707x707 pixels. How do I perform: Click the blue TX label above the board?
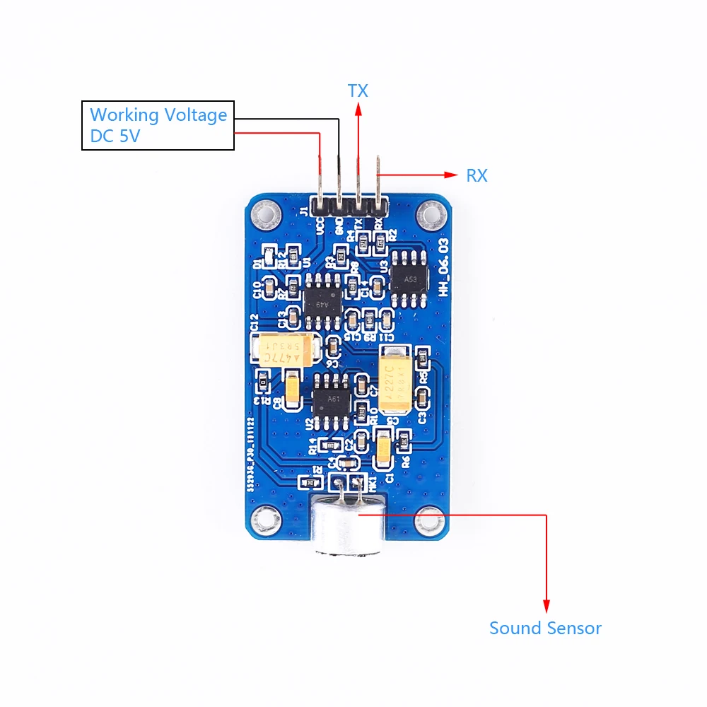click(x=358, y=90)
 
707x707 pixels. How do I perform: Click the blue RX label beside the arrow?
click(x=477, y=175)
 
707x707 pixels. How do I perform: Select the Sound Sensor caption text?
click(x=545, y=628)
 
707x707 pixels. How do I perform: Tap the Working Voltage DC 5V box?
click(x=158, y=125)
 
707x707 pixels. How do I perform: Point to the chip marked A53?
click(x=410, y=278)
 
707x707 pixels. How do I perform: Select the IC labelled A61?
click(x=332, y=399)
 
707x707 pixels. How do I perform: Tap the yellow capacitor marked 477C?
click(x=280, y=349)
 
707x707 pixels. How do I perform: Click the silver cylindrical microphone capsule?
click(x=347, y=527)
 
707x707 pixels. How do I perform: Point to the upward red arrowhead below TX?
click(x=358, y=107)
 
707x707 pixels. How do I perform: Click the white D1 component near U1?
click(x=269, y=254)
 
